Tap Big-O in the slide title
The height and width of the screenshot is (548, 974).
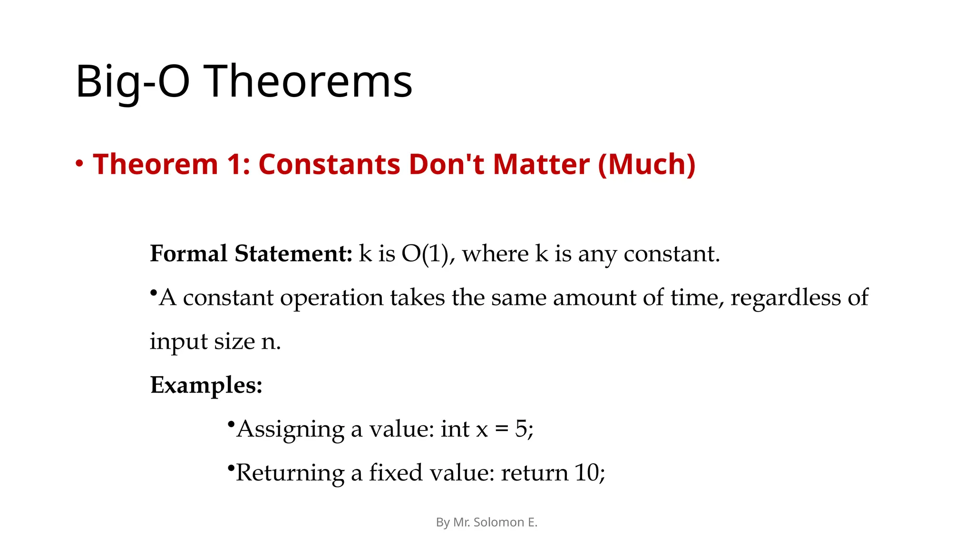pos(132,82)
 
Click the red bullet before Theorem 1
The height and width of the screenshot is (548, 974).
pos(79,164)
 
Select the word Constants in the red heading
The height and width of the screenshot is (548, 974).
pos(329,164)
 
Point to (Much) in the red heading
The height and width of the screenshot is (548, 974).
pos(647,164)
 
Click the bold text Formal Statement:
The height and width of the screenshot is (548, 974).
pos(251,254)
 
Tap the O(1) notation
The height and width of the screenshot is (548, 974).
pos(425,254)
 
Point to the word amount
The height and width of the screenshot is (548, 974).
pos(594,298)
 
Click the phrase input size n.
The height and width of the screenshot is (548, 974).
pos(215,342)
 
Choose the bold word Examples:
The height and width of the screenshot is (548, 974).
pos(206,385)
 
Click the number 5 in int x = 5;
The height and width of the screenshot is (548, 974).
pos(521,429)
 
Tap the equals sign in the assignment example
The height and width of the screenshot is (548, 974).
pos(501,430)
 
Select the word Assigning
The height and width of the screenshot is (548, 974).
pos(290,430)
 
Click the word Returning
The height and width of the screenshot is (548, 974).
pos(290,473)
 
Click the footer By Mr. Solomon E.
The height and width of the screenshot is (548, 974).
pos(487,522)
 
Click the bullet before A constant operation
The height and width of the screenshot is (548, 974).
pos(153,292)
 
